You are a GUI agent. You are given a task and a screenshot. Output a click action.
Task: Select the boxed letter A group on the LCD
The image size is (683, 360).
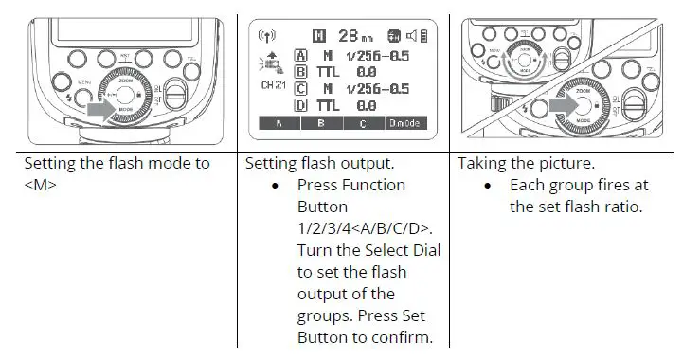[302, 56]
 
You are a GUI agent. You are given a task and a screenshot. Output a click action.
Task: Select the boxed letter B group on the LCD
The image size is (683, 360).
[302, 71]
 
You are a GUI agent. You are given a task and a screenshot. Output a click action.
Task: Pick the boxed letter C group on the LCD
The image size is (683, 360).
[302, 89]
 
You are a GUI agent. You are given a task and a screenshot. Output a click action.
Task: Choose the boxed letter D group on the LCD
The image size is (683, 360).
[302, 105]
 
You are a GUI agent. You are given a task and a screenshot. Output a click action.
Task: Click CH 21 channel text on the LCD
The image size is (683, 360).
[275, 85]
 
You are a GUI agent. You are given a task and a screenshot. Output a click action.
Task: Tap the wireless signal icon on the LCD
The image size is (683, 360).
[267, 37]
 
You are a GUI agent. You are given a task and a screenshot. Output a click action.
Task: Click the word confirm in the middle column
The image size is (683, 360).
[405, 337]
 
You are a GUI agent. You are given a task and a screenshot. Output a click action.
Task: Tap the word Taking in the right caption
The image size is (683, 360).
[482, 163]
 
